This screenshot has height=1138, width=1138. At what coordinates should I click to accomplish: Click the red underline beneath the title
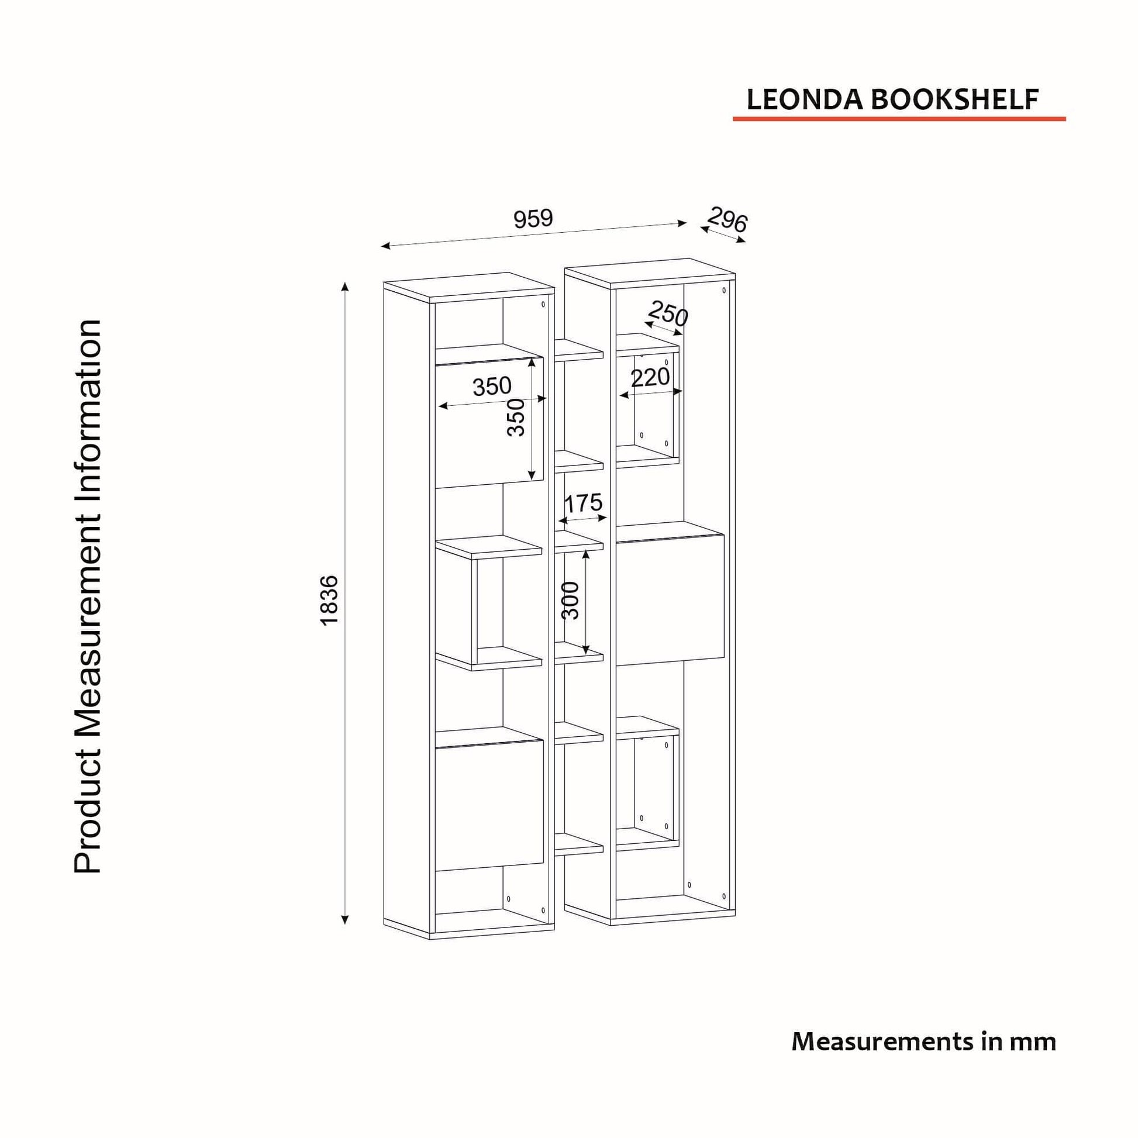pos(899,119)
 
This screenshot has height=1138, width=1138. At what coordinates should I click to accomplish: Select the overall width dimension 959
pos(533,219)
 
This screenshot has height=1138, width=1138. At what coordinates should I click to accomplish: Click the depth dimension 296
pos(727,220)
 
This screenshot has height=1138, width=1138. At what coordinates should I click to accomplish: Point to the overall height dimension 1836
pos(329,600)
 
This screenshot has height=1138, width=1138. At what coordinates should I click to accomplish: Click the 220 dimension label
pos(650,378)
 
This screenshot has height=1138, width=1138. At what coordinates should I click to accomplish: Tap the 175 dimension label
pos(583,504)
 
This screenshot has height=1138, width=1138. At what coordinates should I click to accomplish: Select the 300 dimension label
pos(570,600)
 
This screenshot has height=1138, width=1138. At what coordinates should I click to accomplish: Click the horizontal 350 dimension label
pos(492,387)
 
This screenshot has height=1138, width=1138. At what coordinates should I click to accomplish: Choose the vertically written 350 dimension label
pos(515,417)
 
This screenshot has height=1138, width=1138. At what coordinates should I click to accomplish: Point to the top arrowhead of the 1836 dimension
pos(345,287)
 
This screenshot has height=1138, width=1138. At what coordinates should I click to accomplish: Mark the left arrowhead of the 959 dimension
pos(387,246)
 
